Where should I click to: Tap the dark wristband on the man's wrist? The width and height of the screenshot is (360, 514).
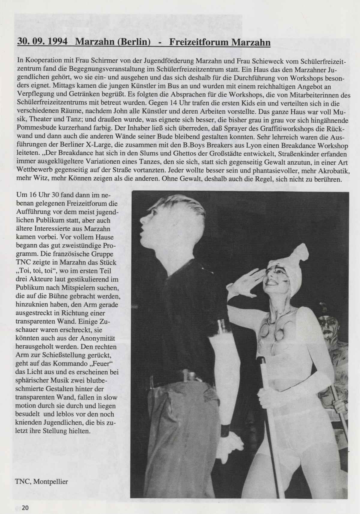pos(225,429)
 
